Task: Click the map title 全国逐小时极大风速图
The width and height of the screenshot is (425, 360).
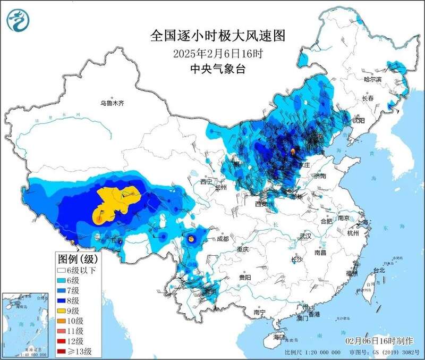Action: [219, 36]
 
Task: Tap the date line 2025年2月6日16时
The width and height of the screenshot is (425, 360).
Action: [219, 54]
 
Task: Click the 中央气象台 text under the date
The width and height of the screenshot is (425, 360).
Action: [219, 69]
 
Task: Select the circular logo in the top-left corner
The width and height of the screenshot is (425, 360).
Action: [18, 20]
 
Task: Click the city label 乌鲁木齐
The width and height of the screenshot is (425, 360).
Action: [112, 103]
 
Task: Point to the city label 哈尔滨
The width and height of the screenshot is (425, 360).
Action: [373, 79]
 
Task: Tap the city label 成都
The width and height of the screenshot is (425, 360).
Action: [222, 239]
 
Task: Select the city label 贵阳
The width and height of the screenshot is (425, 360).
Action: [244, 277]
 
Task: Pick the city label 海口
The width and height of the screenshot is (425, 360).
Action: [279, 337]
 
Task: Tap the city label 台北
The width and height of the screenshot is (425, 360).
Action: [379, 270]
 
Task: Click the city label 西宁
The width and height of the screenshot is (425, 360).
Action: [206, 182]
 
